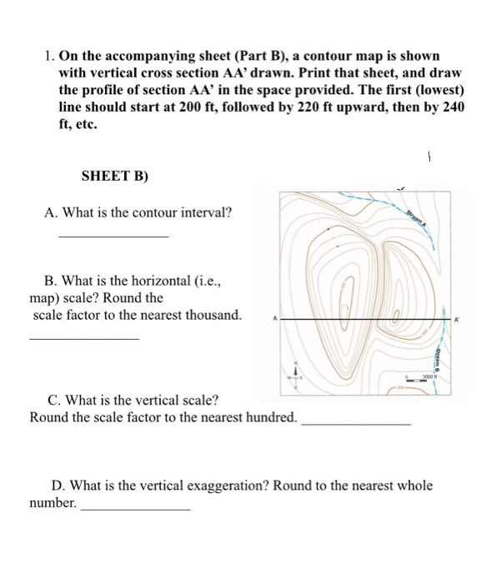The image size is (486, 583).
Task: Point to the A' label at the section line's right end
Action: [457, 320]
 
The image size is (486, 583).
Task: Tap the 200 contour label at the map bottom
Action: [398, 387]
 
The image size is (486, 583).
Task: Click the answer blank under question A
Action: [113, 237]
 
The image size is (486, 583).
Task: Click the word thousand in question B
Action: [213, 315]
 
